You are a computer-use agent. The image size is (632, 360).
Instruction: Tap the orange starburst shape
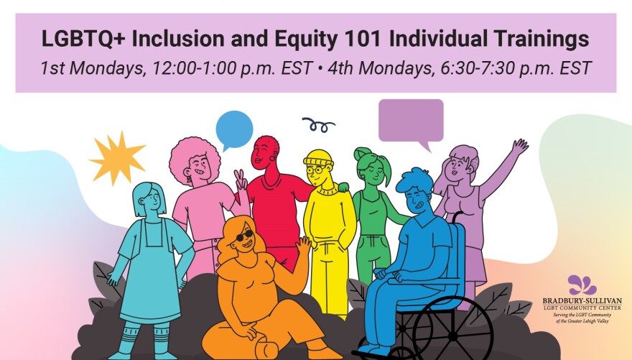pos(117,158)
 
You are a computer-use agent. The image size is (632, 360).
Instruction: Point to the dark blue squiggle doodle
pos(318,125)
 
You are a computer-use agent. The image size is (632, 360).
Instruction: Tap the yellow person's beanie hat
pos(318,157)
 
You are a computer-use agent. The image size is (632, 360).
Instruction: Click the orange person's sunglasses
pos(243,236)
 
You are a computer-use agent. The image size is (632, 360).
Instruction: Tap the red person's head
pos(265,153)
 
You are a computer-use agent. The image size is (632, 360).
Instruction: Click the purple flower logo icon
pos(582,285)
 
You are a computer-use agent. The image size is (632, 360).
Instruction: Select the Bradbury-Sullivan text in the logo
pos(582,301)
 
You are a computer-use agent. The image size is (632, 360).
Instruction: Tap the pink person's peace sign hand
pos(241,181)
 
